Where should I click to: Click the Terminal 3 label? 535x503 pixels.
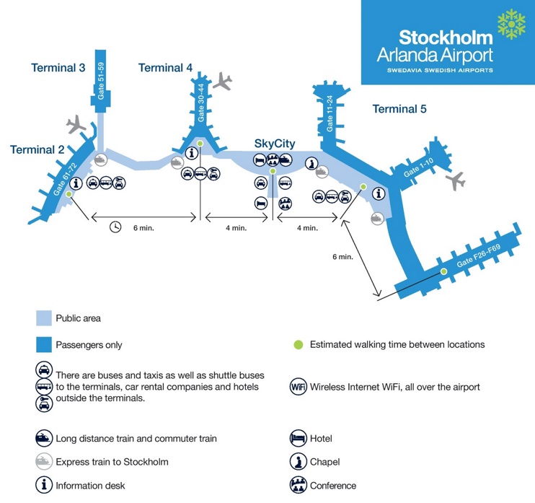[x=58, y=68]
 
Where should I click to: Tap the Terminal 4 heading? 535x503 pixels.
[x=165, y=68]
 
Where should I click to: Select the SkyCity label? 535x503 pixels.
[x=275, y=144]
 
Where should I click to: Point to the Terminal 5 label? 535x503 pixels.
[x=399, y=109]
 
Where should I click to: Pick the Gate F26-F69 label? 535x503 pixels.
[x=479, y=259]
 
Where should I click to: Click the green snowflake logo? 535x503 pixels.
[x=513, y=25]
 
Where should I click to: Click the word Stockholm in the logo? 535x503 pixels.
[x=446, y=38]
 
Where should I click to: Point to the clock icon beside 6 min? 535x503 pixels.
[x=115, y=227]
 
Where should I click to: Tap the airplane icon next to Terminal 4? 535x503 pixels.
[x=224, y=81]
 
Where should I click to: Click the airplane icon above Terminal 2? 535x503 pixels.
[x=76, y=126]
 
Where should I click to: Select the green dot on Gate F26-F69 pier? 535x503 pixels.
[x=443, y=271]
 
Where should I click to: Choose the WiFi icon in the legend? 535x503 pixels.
[x=299, y=386]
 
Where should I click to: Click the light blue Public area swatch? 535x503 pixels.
[x=43, y=318]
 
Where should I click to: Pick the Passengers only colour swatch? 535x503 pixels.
[x=43, y=345]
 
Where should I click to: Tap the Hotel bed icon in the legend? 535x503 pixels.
[x=299, y=438]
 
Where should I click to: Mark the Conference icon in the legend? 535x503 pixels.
[x=299, y=485]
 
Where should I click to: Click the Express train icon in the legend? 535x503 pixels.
[x=44, y=462]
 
